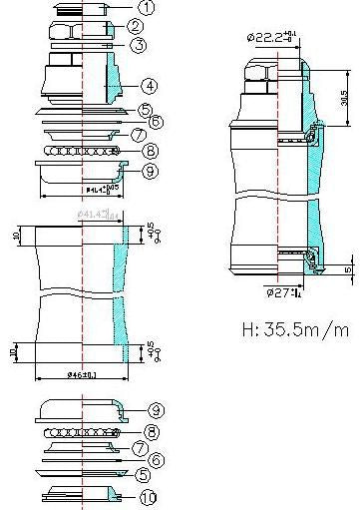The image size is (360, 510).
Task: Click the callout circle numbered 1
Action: [146, 8]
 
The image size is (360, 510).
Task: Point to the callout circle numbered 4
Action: [148, 86]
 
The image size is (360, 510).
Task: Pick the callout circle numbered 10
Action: [148, 496]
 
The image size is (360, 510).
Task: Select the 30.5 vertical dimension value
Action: [343, 100]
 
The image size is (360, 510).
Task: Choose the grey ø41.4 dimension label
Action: [98, 214]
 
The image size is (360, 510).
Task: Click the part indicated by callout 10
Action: [84, 494]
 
